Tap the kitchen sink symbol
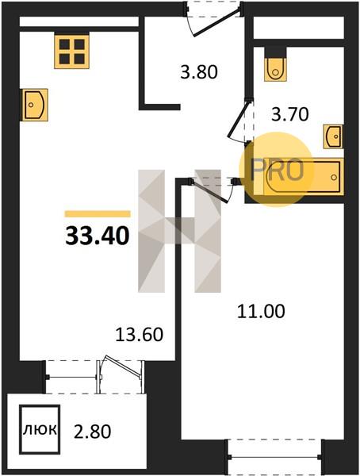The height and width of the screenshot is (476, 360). coord(34,105)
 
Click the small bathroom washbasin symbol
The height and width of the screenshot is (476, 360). coord(334,136)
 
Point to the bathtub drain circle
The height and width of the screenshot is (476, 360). coord(334,177)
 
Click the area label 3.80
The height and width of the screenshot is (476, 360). coord(199,73)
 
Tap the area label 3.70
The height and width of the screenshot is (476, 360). coord(290,115)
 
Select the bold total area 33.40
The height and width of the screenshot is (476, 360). coord(98,236)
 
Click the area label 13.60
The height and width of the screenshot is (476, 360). coord(140,335)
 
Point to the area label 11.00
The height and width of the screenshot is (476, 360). coord(261,312)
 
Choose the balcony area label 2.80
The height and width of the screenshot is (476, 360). coord(92,432)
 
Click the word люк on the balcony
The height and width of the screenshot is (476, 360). coord(40,430)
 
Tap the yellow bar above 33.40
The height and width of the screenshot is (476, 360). coord(98,214)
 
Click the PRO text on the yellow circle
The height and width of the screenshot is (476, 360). coord(277,170)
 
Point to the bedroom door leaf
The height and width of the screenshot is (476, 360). coord(209,191)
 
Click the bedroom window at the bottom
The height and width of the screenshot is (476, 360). coord(274,456)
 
